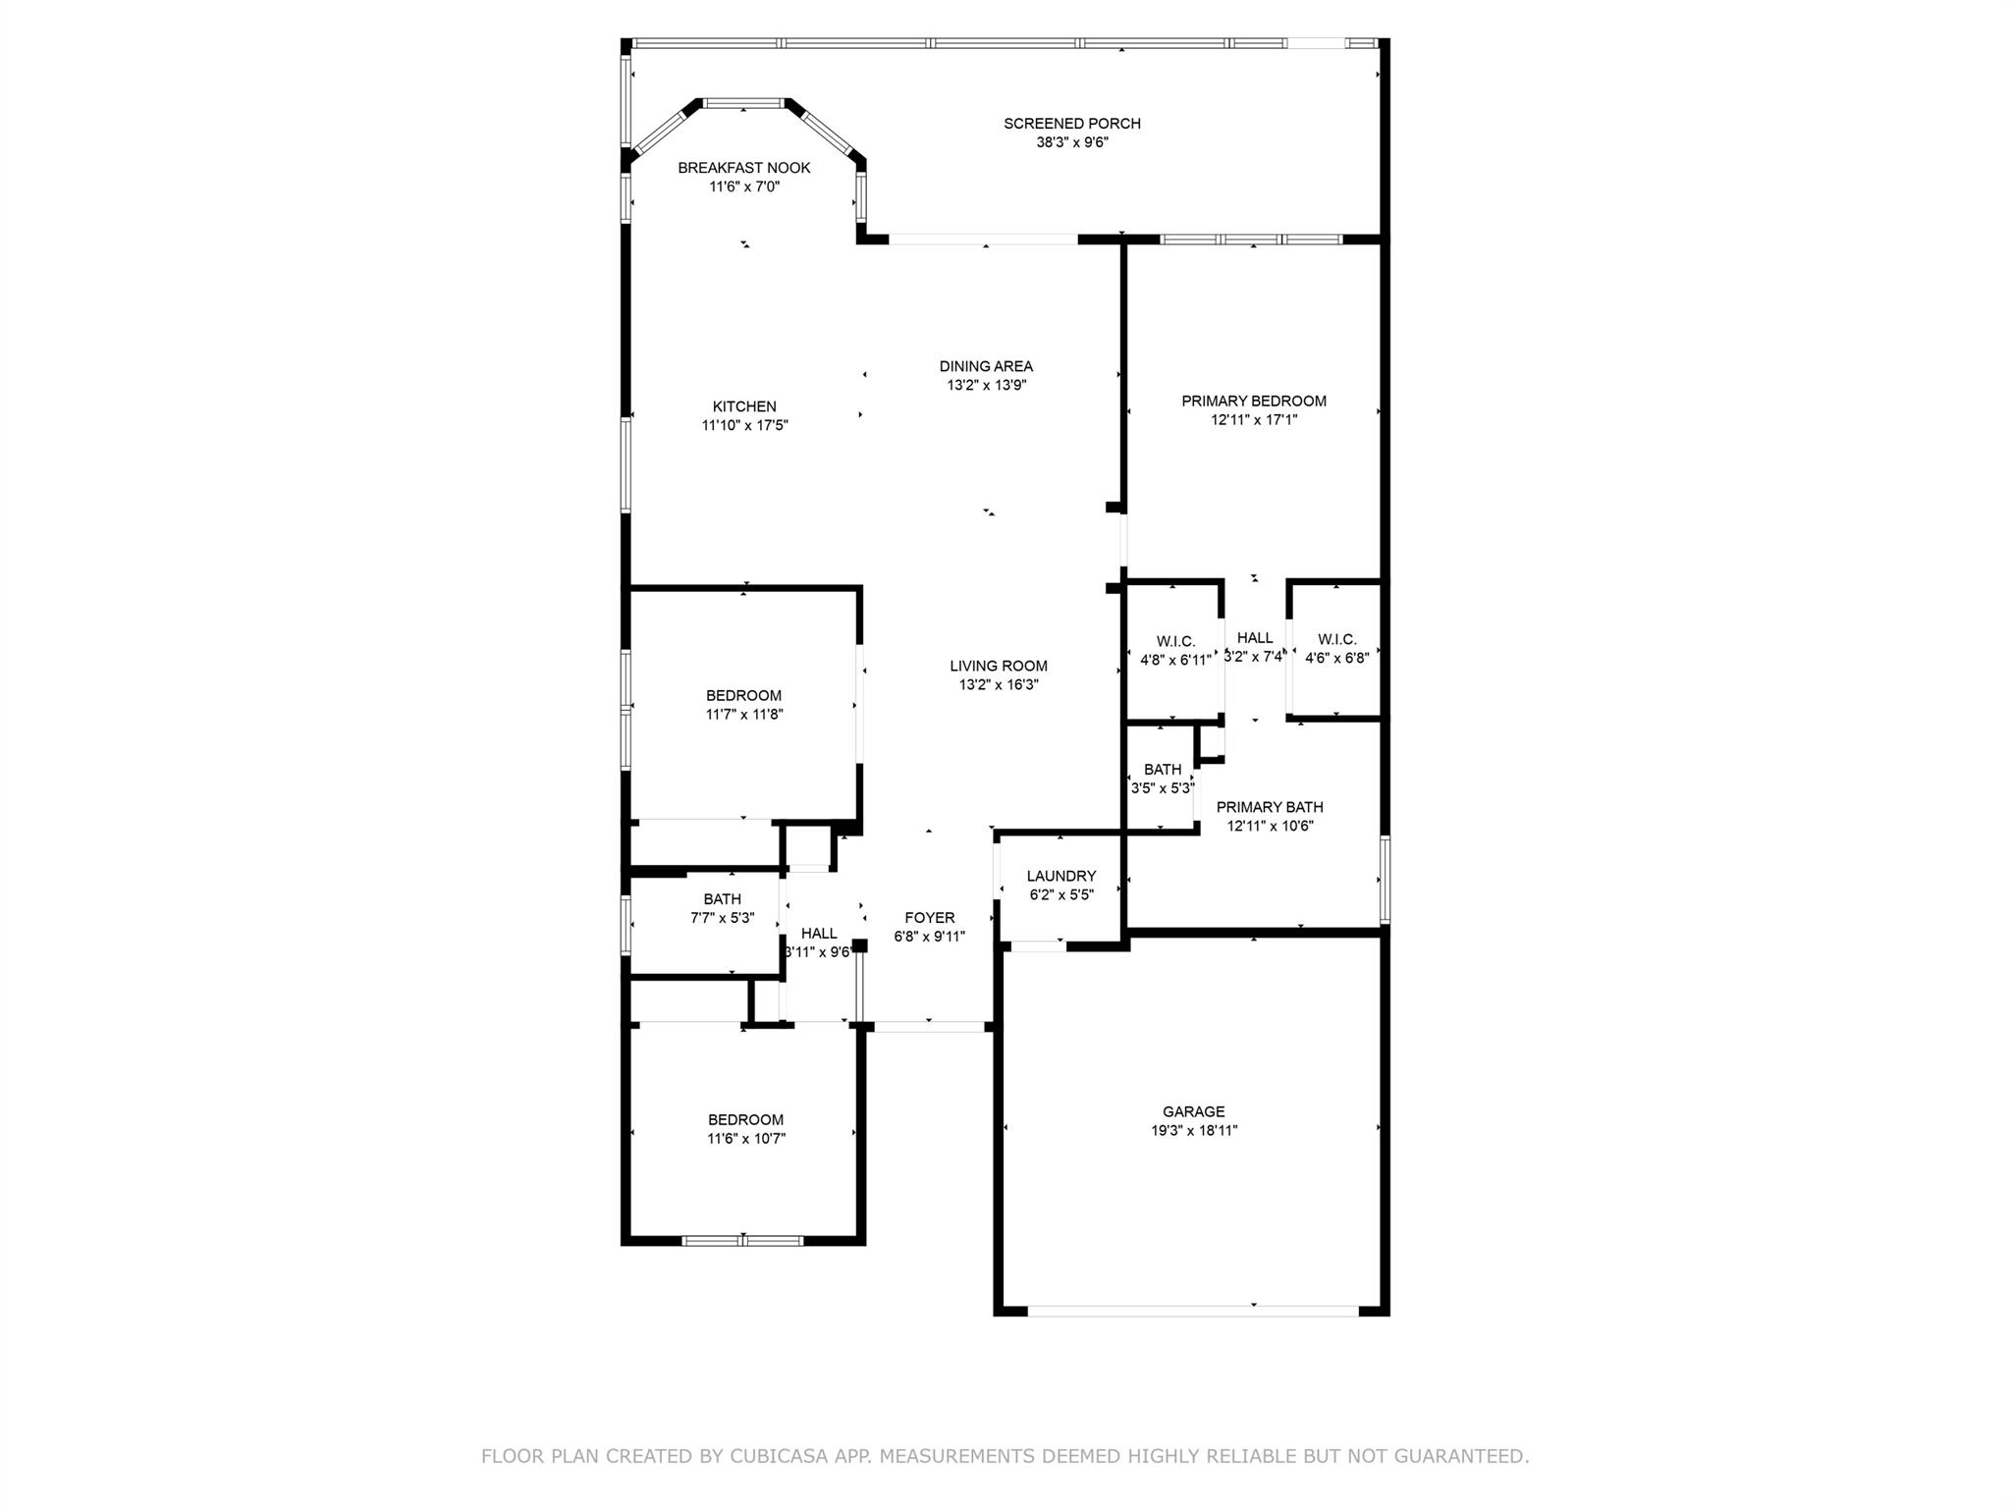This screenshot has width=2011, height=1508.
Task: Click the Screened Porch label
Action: pos(1071,124)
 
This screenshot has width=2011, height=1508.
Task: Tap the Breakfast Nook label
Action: pos(743,168)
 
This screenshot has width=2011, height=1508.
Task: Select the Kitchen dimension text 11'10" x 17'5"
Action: pos(744,425)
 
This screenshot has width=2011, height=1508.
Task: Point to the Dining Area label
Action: pos(986,366)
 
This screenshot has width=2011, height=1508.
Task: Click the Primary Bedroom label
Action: pos(1253,401)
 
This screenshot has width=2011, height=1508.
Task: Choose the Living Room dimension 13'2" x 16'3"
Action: pos(999,684)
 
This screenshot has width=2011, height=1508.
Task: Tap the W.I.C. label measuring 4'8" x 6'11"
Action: pos(1175,641)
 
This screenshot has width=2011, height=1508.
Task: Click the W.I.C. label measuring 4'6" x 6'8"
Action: pos(1336,639)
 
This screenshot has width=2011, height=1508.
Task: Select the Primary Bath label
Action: pos(1269,807)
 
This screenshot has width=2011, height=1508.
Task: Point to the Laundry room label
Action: pos(1060,876)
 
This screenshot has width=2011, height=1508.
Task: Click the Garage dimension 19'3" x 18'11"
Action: pos(1194,1130)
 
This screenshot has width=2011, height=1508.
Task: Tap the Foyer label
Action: pos(929,918)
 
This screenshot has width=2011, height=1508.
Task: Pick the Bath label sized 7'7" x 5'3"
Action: pos(722,899)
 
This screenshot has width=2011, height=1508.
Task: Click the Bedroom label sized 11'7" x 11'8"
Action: pos(743,696)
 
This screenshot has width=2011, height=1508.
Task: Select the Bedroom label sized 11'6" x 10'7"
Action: pos(745,1119)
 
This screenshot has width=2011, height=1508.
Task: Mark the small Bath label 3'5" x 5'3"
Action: pos(1162,770)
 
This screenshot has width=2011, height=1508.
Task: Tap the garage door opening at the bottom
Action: pos(1193,1310)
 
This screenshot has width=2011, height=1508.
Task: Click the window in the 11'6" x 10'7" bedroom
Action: pos(742,1240)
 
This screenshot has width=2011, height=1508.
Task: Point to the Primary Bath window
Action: pos(1385,879)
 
